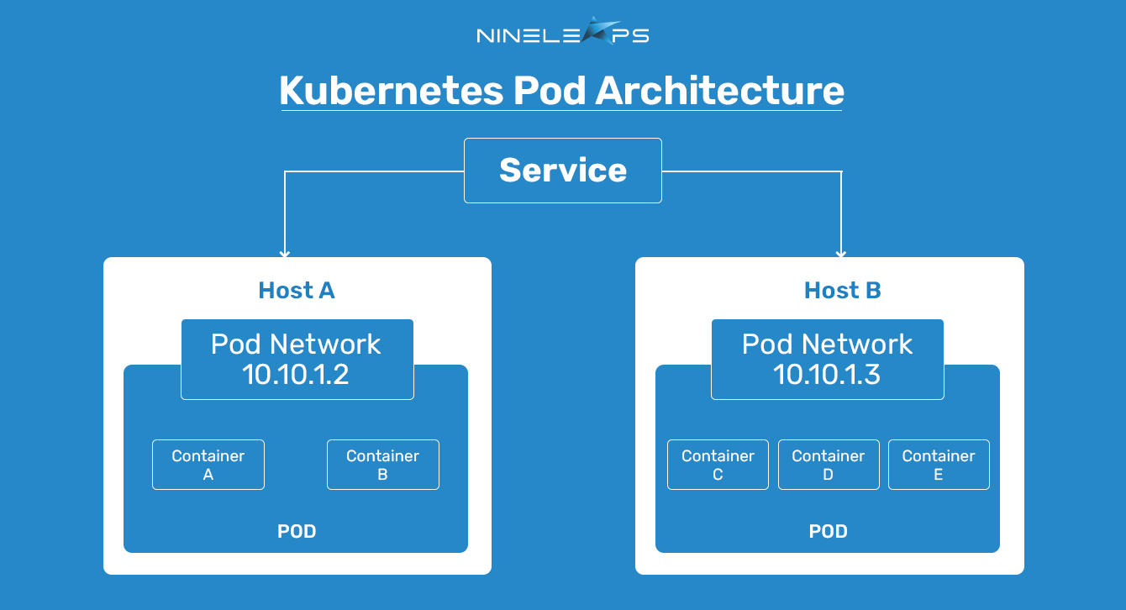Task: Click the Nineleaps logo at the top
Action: [x=562, y=32]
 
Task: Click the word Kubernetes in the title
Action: [x=391, y=91]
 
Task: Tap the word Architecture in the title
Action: [x=719, y=91]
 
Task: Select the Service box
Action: [x=562, y=171]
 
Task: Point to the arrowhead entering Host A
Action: [x=285, y=253]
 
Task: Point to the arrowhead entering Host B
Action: [x=840, y=253]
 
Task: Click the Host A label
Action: [x=297, y=290]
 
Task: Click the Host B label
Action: [x=843, y=290]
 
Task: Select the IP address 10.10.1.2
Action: [x=296, y=375]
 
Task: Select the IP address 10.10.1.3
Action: [x=827, y=375]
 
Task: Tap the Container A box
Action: [x=208, y=465]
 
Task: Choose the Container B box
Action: [x=382, y=465]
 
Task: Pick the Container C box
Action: [x=718, y=465]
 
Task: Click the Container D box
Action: [x=829, y=465]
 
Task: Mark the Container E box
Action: [x=939, y=465]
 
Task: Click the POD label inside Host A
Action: [x=297, y=531]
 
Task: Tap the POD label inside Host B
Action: [x=828, y=531]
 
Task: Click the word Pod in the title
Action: [x=550, y=91]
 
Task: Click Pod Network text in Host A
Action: [x=296, y=344]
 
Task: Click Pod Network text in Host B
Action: [x=827, y=344]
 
